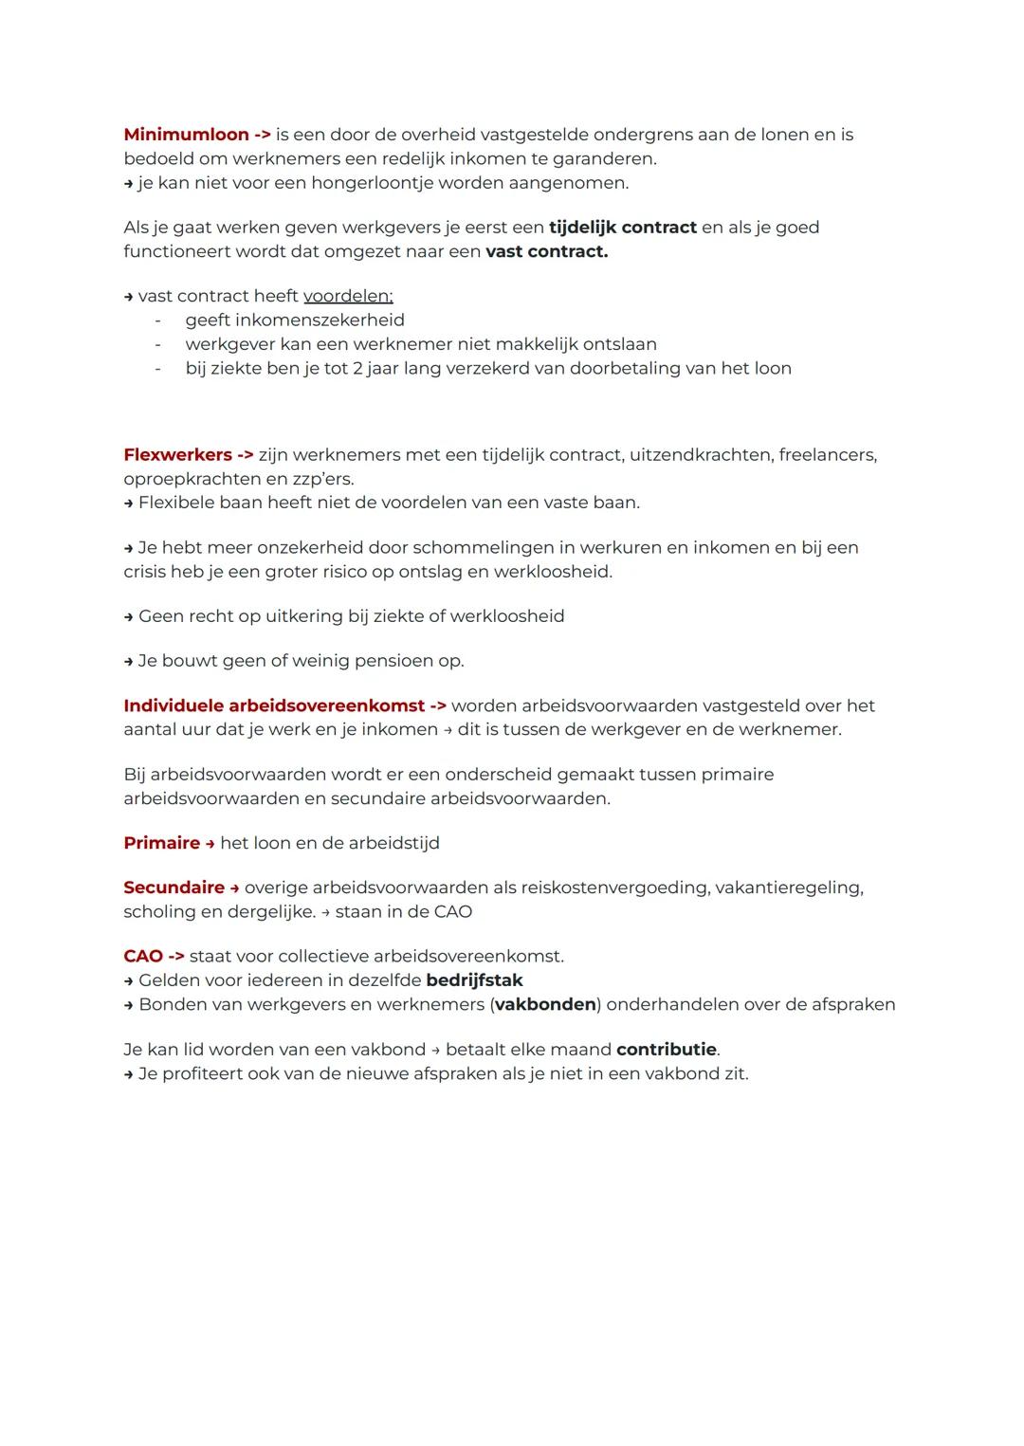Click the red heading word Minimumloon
tap(186, 135)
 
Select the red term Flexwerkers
tap(177, 455)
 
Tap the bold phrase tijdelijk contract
tap(622, 228)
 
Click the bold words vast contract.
tap(546, 252)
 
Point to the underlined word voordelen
tap(347, 297)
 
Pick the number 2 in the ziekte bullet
tap(357, 368)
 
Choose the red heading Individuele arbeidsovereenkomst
tap(274, 706)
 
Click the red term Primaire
tap(161, 844)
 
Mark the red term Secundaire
tap(174, 888)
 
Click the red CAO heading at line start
tap(143, 957)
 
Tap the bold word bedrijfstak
tap(474, 980)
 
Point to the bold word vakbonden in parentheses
tap(545, 1004)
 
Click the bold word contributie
tap(667, 1050)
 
